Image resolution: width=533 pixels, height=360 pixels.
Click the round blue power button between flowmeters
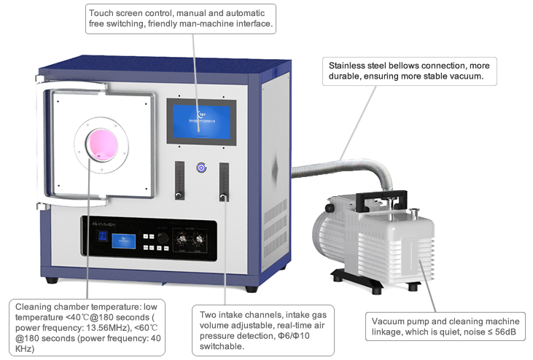pos(201,168)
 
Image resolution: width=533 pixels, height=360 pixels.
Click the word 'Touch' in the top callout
pos(101,13)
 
